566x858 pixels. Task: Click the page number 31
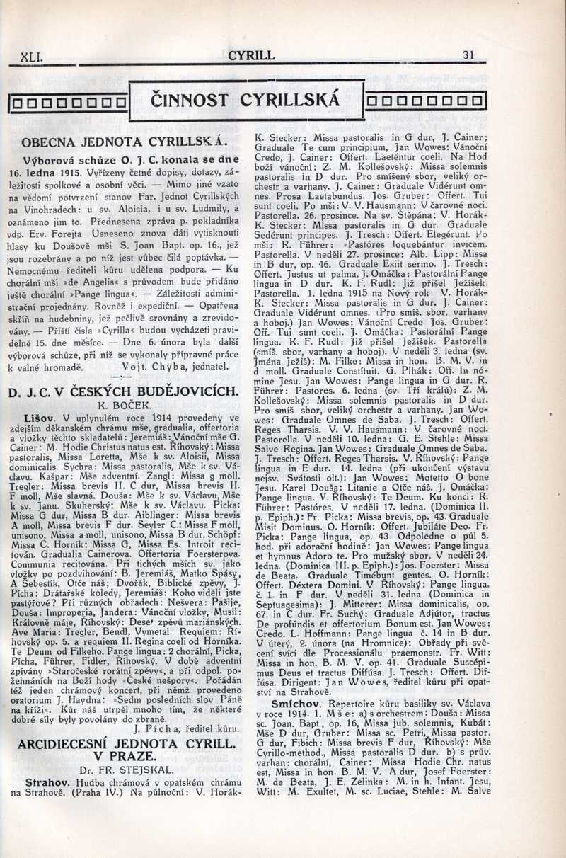(x=468, y=55)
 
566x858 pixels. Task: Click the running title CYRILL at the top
(x=252, y=55)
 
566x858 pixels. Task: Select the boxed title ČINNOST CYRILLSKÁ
(x=246, y=100)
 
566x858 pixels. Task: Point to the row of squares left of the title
(x=69, y=104)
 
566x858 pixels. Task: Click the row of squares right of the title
(x=426, y=103)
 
